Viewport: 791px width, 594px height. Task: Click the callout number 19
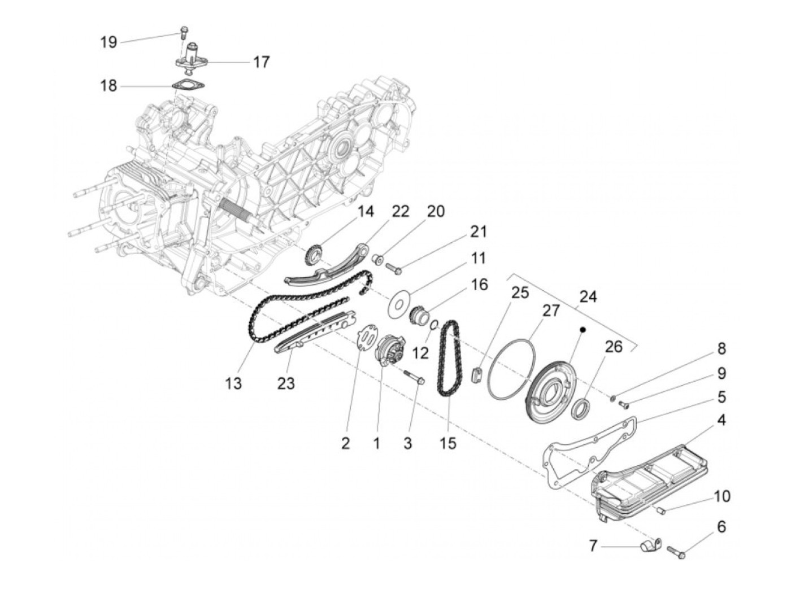click(109, 42)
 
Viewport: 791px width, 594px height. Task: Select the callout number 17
click(261, 62)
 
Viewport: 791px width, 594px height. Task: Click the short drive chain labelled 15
click(449, 360)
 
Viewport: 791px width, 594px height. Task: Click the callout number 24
click(588, 296)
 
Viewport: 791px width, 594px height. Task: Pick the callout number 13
click(233, 383)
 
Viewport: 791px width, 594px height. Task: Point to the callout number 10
click(722, 496)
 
